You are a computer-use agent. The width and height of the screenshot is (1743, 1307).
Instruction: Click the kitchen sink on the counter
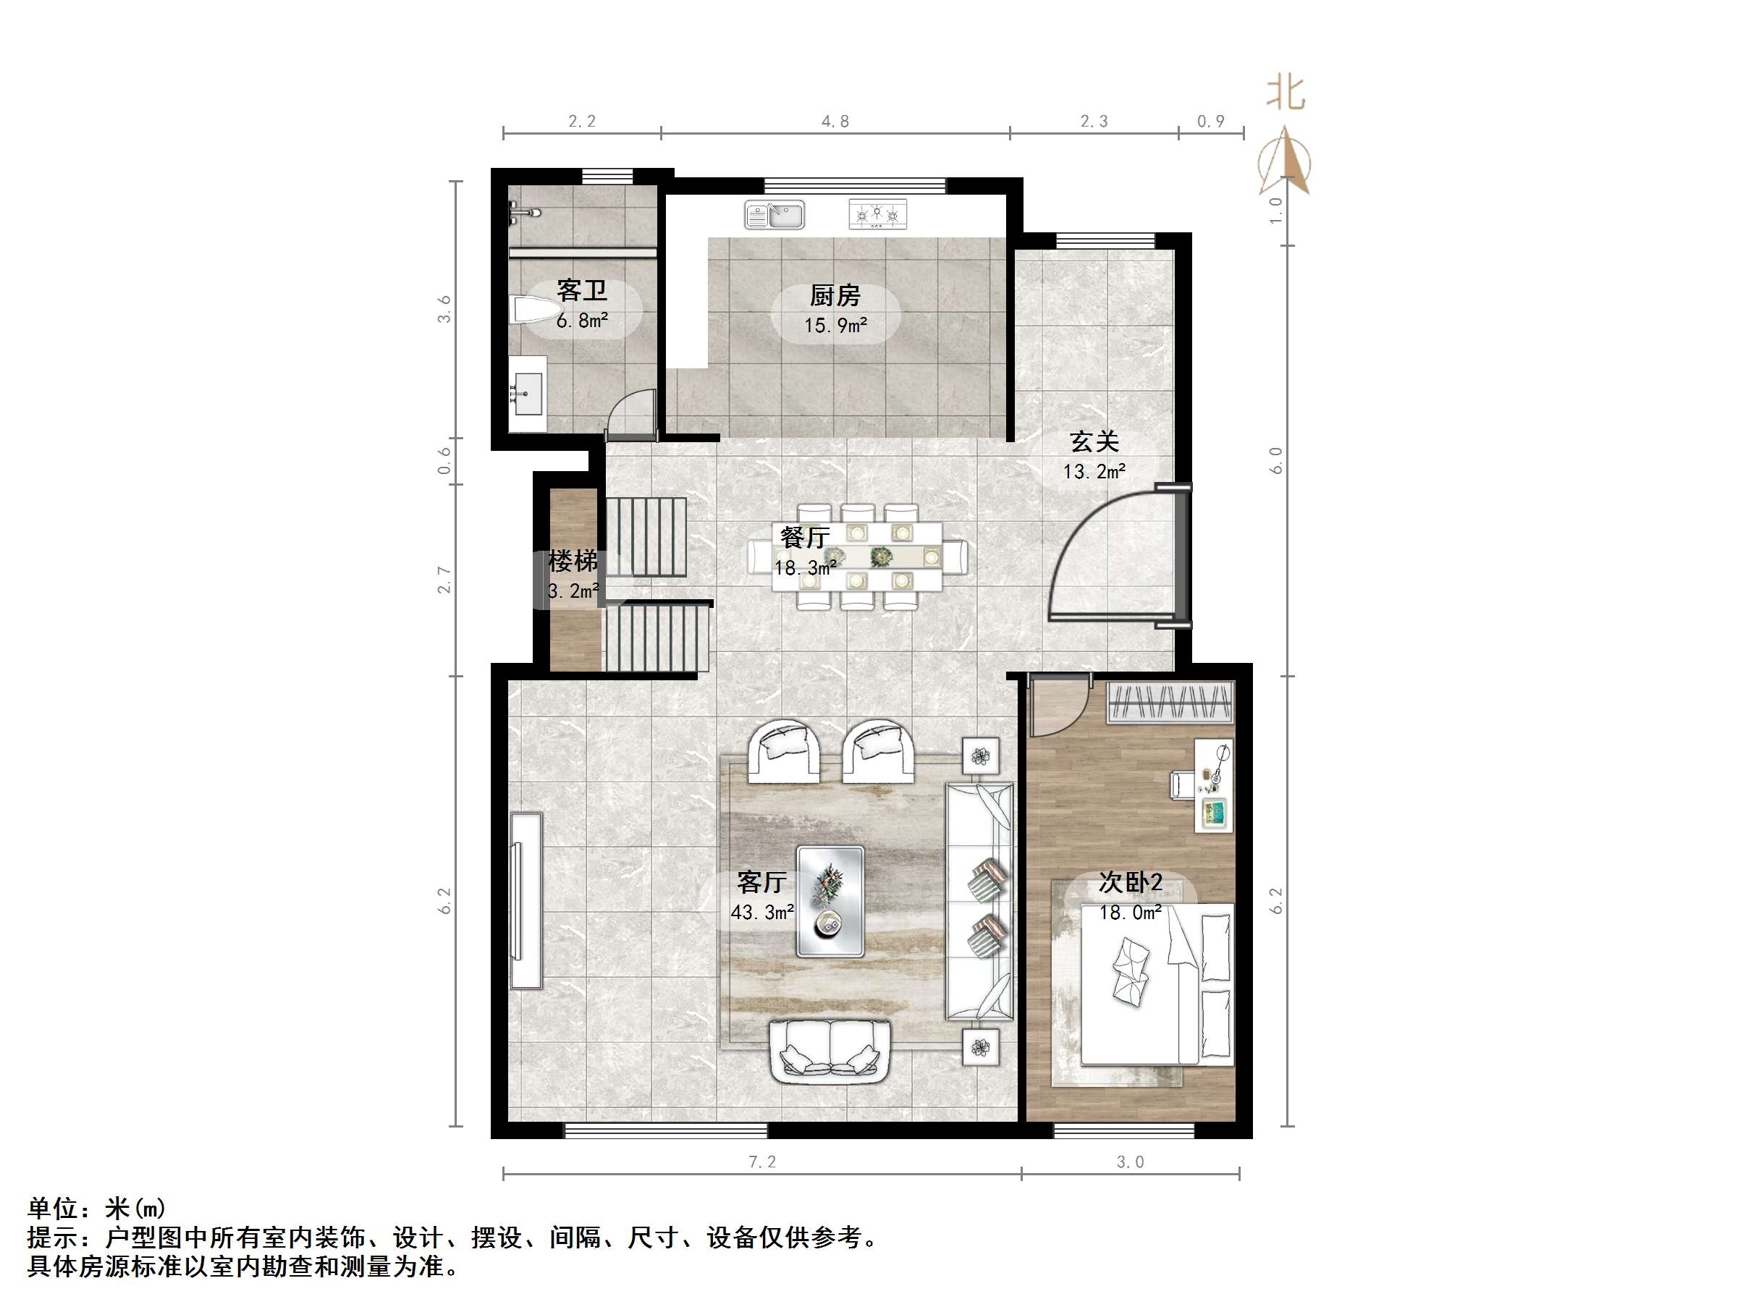775,214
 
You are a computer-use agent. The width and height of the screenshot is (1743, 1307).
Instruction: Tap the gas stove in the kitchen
877,214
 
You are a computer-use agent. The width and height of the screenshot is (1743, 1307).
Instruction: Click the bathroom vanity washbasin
527,394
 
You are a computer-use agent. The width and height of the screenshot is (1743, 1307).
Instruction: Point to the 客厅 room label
761,881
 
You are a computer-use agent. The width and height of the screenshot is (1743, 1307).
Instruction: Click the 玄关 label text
1094,442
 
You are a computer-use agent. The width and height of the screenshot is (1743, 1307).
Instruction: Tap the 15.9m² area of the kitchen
835,326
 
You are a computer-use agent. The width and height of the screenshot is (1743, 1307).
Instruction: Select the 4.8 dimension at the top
835,122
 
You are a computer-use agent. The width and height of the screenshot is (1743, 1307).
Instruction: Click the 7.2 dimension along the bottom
762,1162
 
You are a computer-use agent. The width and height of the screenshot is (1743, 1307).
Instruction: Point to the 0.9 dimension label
1210,122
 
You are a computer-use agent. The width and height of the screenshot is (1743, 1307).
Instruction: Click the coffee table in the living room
830,901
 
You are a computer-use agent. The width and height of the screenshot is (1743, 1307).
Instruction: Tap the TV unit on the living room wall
526,900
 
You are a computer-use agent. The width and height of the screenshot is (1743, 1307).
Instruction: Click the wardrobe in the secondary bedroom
1169,702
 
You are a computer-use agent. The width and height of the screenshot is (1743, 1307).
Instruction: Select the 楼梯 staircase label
572,562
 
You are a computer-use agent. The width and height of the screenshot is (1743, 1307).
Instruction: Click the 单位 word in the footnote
53,1209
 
